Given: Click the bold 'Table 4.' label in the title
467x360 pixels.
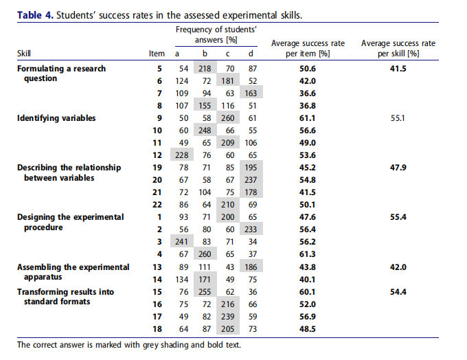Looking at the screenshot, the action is [35, 15].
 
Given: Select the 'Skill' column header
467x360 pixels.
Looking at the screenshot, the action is [24, 54].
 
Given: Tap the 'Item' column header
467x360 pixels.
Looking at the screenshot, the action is [157, 54].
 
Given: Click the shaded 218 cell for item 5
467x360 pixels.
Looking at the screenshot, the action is [205, 69].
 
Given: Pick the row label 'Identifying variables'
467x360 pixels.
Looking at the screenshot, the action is [56, 118].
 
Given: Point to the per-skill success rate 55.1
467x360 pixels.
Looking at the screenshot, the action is [398, 118].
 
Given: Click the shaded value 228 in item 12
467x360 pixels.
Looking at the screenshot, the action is [182, 155].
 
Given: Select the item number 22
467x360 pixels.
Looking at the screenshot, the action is [157, 205].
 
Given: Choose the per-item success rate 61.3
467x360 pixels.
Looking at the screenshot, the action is [308, 254].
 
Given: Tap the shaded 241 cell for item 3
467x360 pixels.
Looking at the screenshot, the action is [182, 242].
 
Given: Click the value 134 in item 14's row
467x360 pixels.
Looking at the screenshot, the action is [182, 280].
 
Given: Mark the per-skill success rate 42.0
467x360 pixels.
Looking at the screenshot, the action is [398, 267].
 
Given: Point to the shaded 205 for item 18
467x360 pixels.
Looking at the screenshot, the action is [228, 329].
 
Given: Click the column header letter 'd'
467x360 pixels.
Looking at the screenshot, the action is [251, 54].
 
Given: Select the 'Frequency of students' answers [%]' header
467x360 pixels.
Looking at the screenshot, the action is [216, 34].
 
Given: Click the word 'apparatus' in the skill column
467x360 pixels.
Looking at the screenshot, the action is [43, 277].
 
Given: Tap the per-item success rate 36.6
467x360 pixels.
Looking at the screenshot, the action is [308, 93].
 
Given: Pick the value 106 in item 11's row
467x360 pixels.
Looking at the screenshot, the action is [251, 143].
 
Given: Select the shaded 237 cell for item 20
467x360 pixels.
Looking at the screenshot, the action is [251, 180].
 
